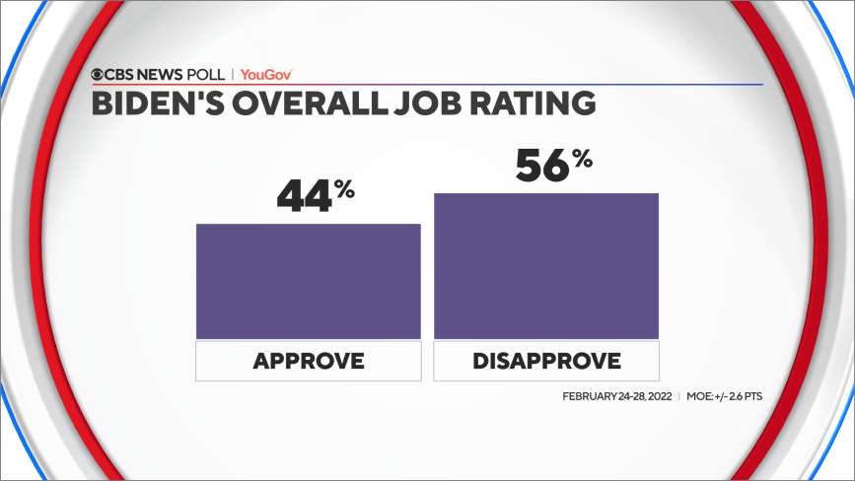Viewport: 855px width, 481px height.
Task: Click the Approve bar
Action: click(x=309, y=281)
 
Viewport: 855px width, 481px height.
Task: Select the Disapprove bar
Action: click(x=546, y=266)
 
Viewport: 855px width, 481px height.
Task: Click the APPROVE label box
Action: click(x=309, y=361)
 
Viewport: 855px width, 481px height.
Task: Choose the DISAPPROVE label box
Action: click(x=546, y=361)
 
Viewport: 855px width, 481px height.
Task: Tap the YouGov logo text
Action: click(x=266, y=75)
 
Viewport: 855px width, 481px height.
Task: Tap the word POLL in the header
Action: click(x=207, y=75)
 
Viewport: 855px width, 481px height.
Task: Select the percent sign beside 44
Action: click(x=343, y=189)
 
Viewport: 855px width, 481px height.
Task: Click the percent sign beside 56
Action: click(x=582, y=158)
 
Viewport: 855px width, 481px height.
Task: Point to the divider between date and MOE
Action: click(x=678, y=396)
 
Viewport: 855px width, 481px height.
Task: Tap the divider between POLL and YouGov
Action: click(x=233, y=75)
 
